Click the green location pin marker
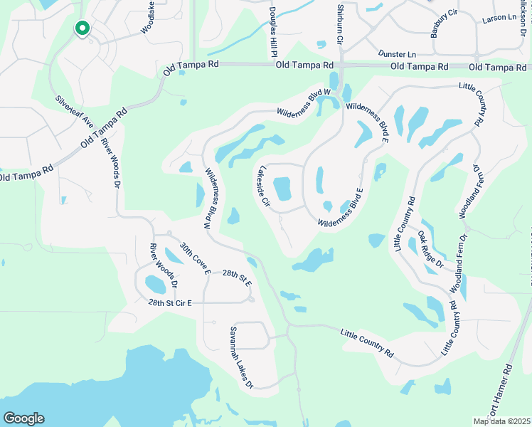coord(83,29)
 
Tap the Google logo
coord(23,418)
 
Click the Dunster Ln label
coord(397,54)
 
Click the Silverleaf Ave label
coord(74,113)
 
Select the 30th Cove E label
coord(195,258)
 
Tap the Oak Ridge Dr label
coord(430,249)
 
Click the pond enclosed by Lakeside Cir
coord(282,189)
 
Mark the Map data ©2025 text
coord(501,421)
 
